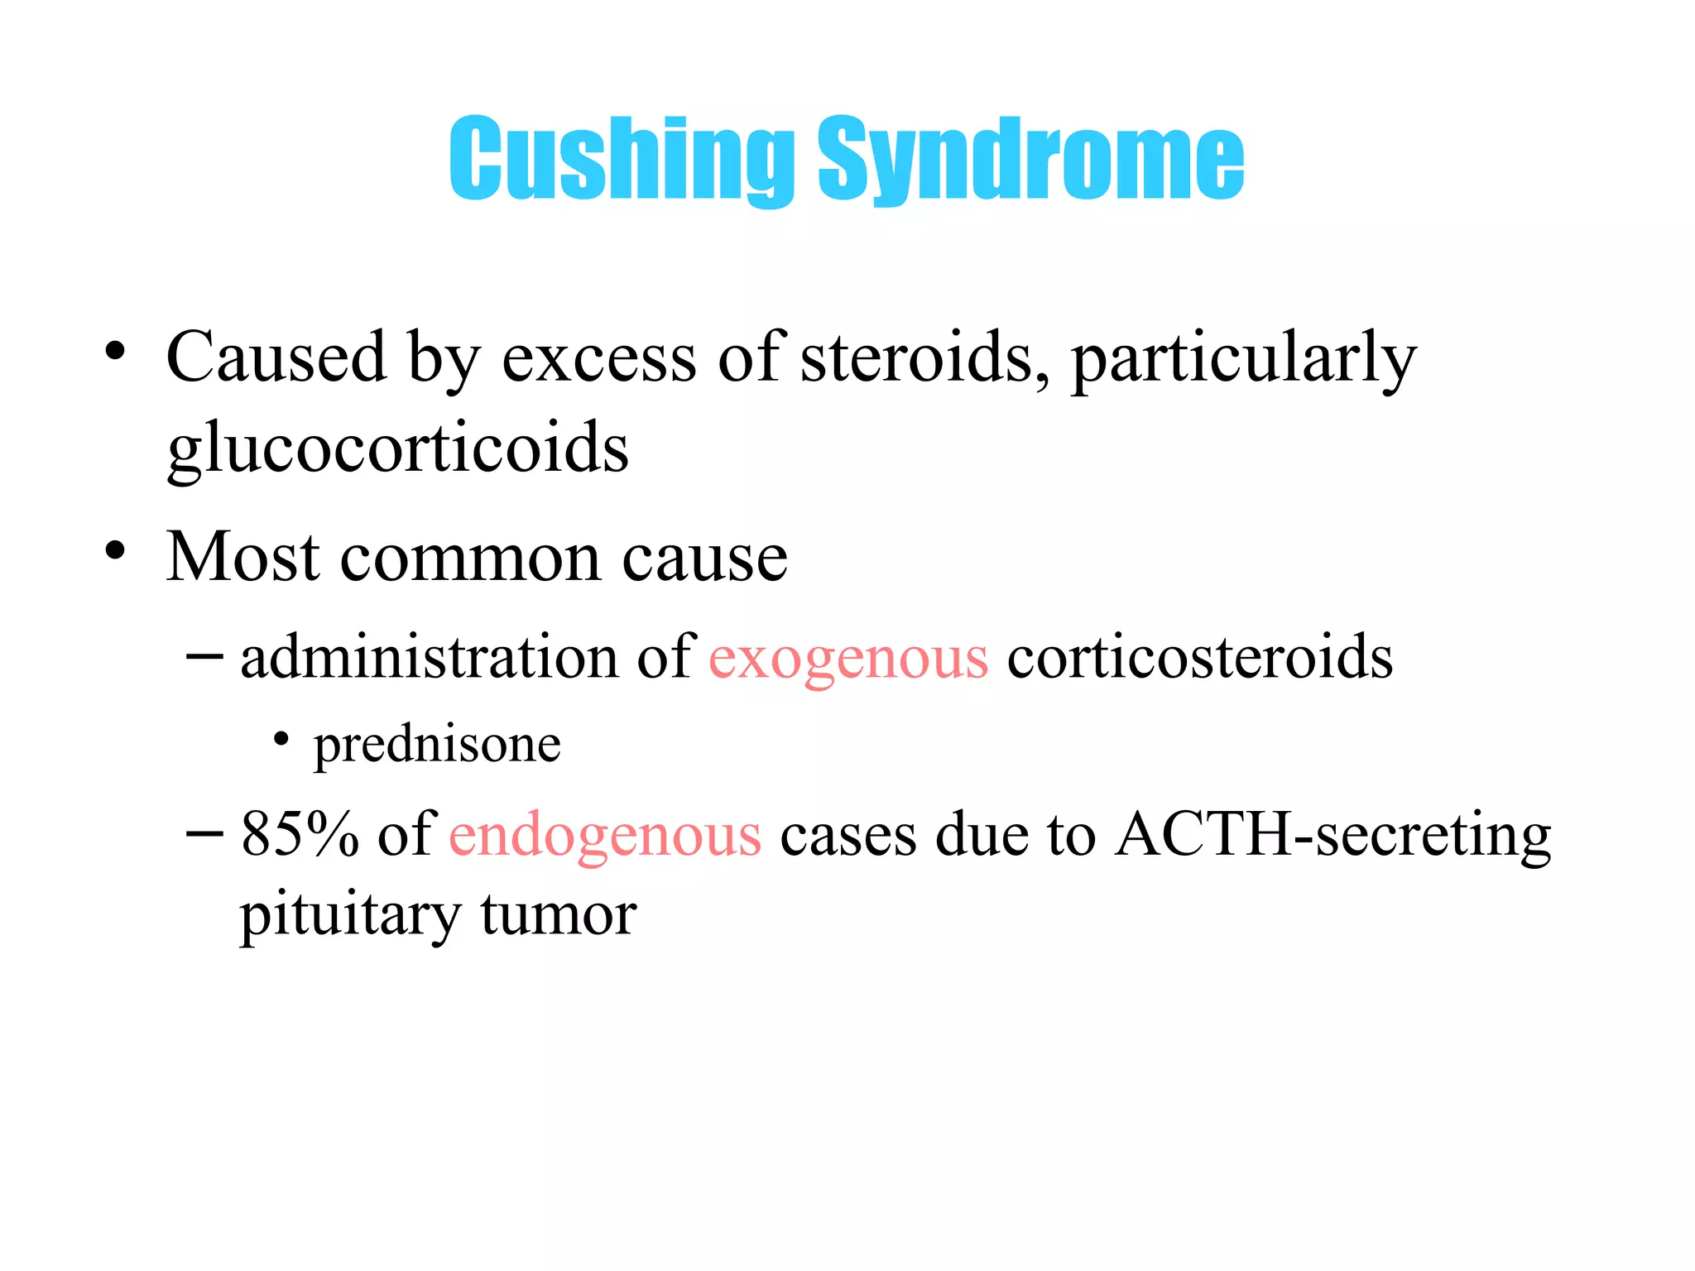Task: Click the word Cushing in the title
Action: (x=621, y=159)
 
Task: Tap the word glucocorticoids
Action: (x=397, y=448)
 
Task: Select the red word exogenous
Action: (x=848, y=658)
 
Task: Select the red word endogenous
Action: (x=605, y=835)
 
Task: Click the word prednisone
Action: (x=437, y=744)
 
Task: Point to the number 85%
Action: (x=300, y=834)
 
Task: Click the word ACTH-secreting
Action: (x=1332, y=834)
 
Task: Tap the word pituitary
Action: (x=349, y=917)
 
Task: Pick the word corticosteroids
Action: (x=1199, y=658)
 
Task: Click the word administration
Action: (x=429, y=658)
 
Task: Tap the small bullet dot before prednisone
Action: (x=281, y=738)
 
